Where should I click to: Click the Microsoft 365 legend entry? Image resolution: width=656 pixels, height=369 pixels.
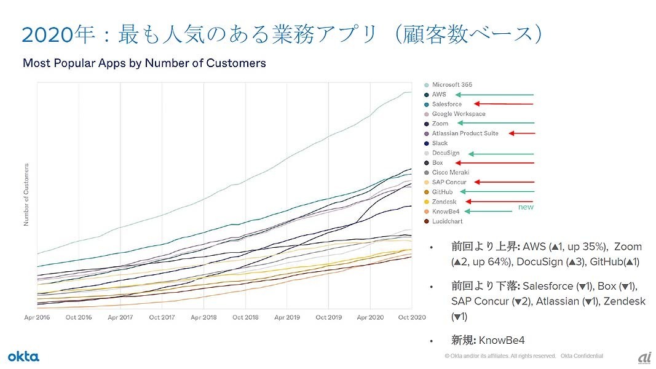pos(452,85)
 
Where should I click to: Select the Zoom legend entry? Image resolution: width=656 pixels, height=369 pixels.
pos(440,124)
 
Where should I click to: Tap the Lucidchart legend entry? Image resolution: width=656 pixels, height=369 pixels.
pos(447,221)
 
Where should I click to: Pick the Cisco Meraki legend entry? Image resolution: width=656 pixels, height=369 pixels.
pos(450,173)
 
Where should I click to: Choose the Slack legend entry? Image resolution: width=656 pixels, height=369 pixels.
pos(440,143)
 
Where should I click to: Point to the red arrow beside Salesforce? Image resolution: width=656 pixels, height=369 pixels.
pos(504,105)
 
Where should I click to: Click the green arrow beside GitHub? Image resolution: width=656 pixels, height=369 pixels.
pos(497,192)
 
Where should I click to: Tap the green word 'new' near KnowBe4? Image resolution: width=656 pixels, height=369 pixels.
pos(526,207)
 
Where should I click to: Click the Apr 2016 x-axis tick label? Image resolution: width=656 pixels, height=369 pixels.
pos(37,317)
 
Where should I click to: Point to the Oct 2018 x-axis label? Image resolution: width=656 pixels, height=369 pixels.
pos(245,317)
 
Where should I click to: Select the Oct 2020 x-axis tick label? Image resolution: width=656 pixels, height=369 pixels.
pos(411,317)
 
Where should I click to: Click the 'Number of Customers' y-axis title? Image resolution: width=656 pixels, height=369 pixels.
pos(26,194)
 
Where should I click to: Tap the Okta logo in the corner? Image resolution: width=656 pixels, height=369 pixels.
pos(23,357)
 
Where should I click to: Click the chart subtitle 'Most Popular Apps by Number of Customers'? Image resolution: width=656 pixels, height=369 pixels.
pos(144,63)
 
